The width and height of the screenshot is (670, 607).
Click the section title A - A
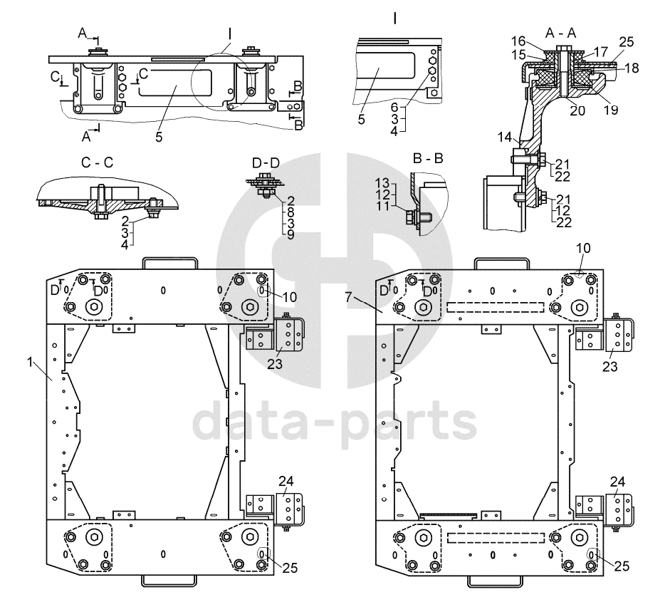560,33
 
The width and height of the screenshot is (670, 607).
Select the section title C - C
98,162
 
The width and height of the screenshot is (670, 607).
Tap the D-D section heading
266,163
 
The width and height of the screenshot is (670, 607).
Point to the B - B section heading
428,159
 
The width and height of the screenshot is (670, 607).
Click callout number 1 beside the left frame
30,363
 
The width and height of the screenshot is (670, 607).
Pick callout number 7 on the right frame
348,296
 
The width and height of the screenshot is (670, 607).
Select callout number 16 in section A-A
518,41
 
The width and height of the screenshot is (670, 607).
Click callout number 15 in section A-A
518,55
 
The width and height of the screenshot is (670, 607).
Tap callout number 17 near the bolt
600,52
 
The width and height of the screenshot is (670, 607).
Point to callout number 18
632,68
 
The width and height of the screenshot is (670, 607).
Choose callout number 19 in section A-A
611,110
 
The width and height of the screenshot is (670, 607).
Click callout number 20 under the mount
577,110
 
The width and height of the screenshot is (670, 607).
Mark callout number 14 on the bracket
505,138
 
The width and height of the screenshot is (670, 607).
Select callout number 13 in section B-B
383,183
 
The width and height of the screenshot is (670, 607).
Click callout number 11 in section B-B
383,206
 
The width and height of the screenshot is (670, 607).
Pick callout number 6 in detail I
394,108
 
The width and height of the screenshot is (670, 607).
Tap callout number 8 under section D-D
290,212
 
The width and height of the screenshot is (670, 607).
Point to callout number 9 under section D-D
290,234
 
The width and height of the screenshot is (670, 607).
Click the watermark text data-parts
335,422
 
